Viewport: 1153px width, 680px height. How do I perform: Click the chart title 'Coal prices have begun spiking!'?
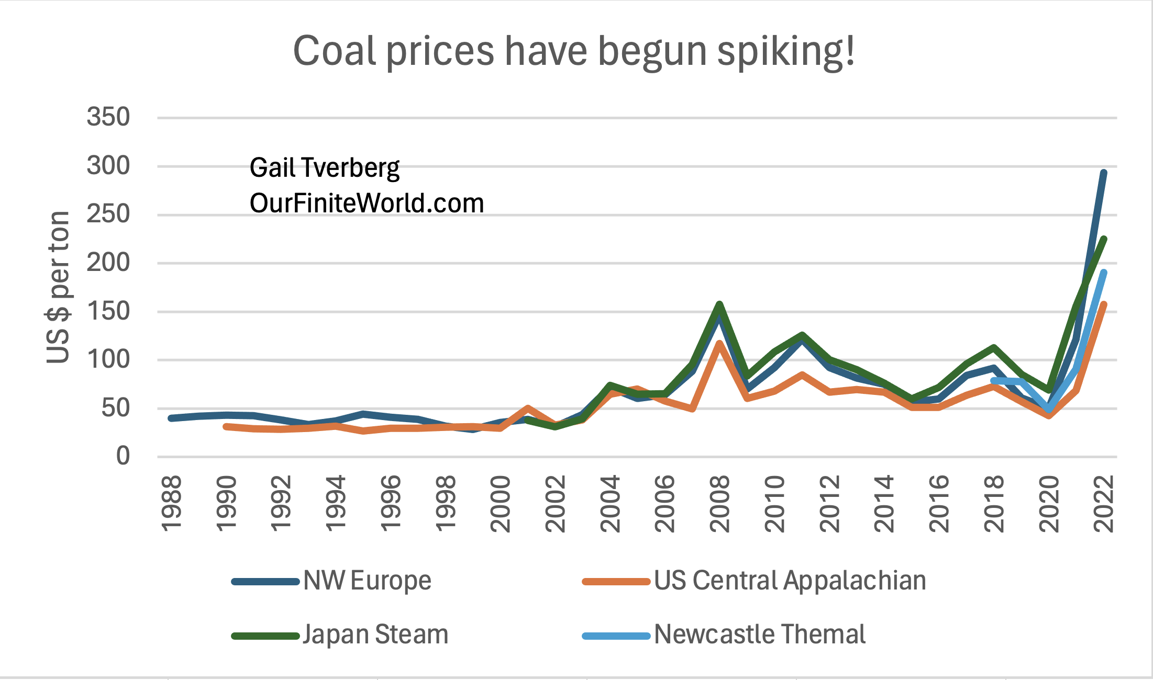point(574,51)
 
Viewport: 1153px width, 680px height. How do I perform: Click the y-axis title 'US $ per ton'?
point(58,287)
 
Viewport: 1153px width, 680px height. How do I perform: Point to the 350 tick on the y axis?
point(108,117)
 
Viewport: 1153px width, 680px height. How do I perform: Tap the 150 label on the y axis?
point(108,311)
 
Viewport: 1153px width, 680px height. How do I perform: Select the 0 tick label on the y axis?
point(123,456)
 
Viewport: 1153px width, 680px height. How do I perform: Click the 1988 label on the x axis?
point(171,503)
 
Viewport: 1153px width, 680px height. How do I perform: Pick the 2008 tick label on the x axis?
point(720,503)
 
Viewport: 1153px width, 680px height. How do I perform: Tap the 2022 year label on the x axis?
point(1104,503)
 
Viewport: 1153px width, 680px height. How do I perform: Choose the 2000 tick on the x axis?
point(501,503)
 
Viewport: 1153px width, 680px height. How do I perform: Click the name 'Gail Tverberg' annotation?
point(325,168)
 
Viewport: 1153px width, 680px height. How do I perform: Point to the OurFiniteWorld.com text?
point(367,203)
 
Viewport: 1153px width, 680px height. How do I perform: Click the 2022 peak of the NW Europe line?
point(1103,173)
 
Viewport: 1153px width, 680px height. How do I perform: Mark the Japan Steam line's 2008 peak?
point(719,304)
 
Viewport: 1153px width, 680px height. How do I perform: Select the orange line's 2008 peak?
point(719,344)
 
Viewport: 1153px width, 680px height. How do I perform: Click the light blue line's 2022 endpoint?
point(1104,273)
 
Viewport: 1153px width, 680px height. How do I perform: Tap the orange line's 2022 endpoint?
point(1104,305)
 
